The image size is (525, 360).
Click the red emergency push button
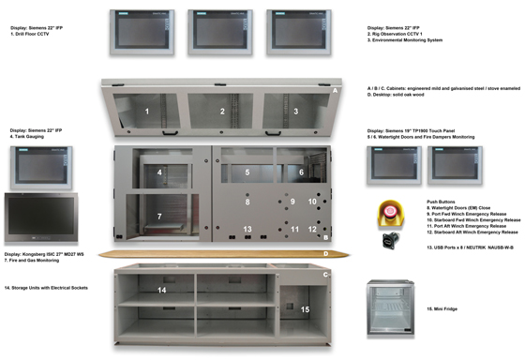pos(386,210)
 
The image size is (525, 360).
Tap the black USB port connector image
pos(387,240)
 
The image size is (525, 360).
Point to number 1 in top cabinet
pos(147,112)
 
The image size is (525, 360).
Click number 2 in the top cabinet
pos(222,112)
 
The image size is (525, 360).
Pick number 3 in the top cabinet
pos(295,112)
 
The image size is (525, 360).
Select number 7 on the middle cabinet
pos(159,217)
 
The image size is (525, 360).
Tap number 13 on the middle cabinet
pos(247,229)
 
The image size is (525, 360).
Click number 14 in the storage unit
pos(162,291)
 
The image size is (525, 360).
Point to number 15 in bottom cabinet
pos(304,308)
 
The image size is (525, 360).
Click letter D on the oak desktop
pos(325,253)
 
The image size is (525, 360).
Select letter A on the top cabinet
pos(335,91)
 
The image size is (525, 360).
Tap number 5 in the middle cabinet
pos(247,172)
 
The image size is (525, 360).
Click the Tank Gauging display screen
pos(37,167)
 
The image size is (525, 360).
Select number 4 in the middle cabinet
pos(160,172)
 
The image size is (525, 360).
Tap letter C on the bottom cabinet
pos(325,275)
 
